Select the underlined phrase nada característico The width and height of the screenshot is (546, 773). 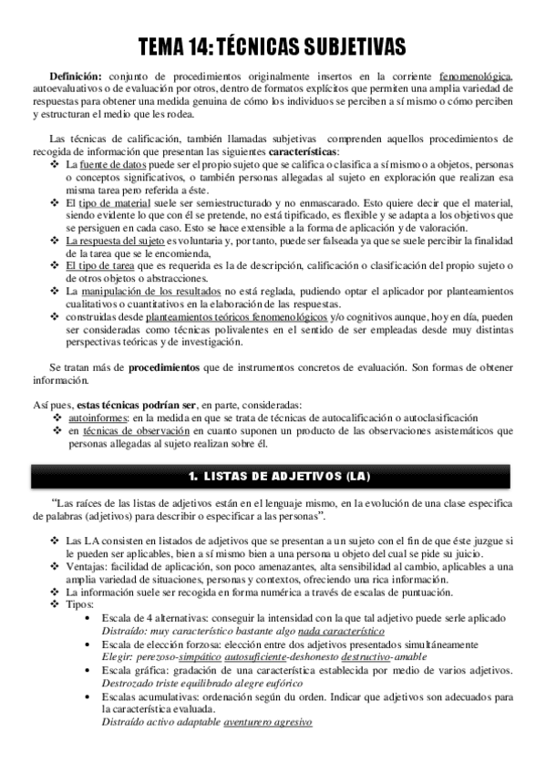pos(341,631)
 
